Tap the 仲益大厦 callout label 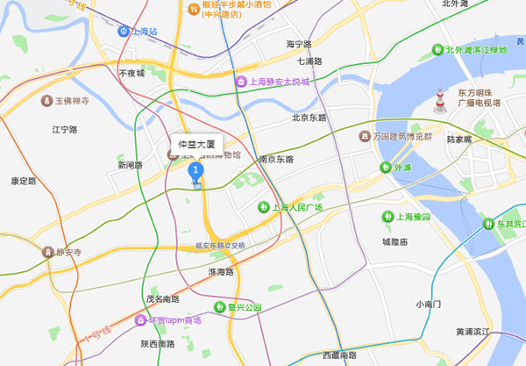(x=196, y=142)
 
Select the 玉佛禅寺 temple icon (x=47, y=101)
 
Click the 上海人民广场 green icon (x=262, y=207)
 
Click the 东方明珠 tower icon (x=438, y=98)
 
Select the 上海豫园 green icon (x=387, y=217)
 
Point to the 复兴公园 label (x=245, y=307)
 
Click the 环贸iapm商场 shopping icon (x=139, y=319)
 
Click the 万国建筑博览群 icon (x=365, y=136)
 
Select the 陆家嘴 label (x=458, y=139)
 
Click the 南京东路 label (x=276, y=159)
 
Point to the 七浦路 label (x=309, y=61)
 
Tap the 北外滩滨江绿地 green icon (x=437, y=50)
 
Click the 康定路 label (x=24, y=181)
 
